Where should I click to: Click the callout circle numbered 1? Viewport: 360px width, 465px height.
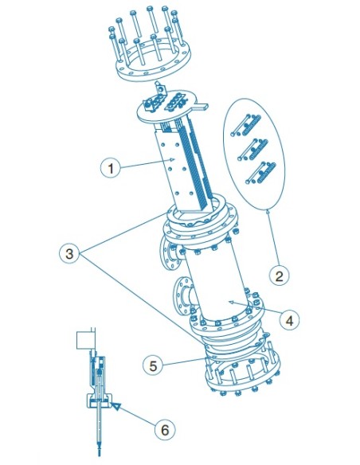point(111,168)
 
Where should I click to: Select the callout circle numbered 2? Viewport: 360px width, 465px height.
point(280,276)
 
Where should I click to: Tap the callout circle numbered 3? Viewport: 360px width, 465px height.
point(69,254)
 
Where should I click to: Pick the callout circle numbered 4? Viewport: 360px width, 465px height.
point(289,320)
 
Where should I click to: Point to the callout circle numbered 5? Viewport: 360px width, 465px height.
point(153,365)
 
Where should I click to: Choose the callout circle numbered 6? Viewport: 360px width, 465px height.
point(165,429)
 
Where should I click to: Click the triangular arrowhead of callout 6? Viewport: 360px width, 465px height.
point(116,407)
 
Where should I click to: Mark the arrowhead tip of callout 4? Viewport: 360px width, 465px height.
point(230,302)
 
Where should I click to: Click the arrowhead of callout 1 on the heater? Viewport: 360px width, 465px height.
point(172,159)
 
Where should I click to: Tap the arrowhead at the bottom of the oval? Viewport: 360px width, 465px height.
point(268,211)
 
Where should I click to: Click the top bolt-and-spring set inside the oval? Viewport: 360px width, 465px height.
point(246,126)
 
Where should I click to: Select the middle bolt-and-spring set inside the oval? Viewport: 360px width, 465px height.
point(253,150)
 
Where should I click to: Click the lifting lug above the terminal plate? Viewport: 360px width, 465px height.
point(160,88)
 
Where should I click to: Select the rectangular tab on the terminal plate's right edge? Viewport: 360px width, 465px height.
point(202,105)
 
